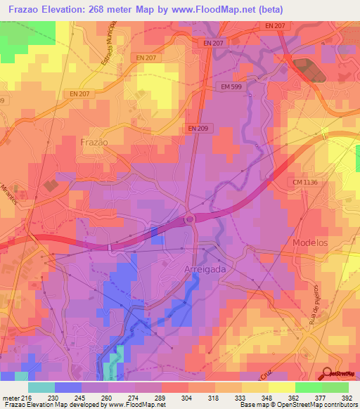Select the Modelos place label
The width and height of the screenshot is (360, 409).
(310, 242)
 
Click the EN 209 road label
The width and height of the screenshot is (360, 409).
(200, 128)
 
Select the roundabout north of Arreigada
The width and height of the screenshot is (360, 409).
(189, 219)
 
